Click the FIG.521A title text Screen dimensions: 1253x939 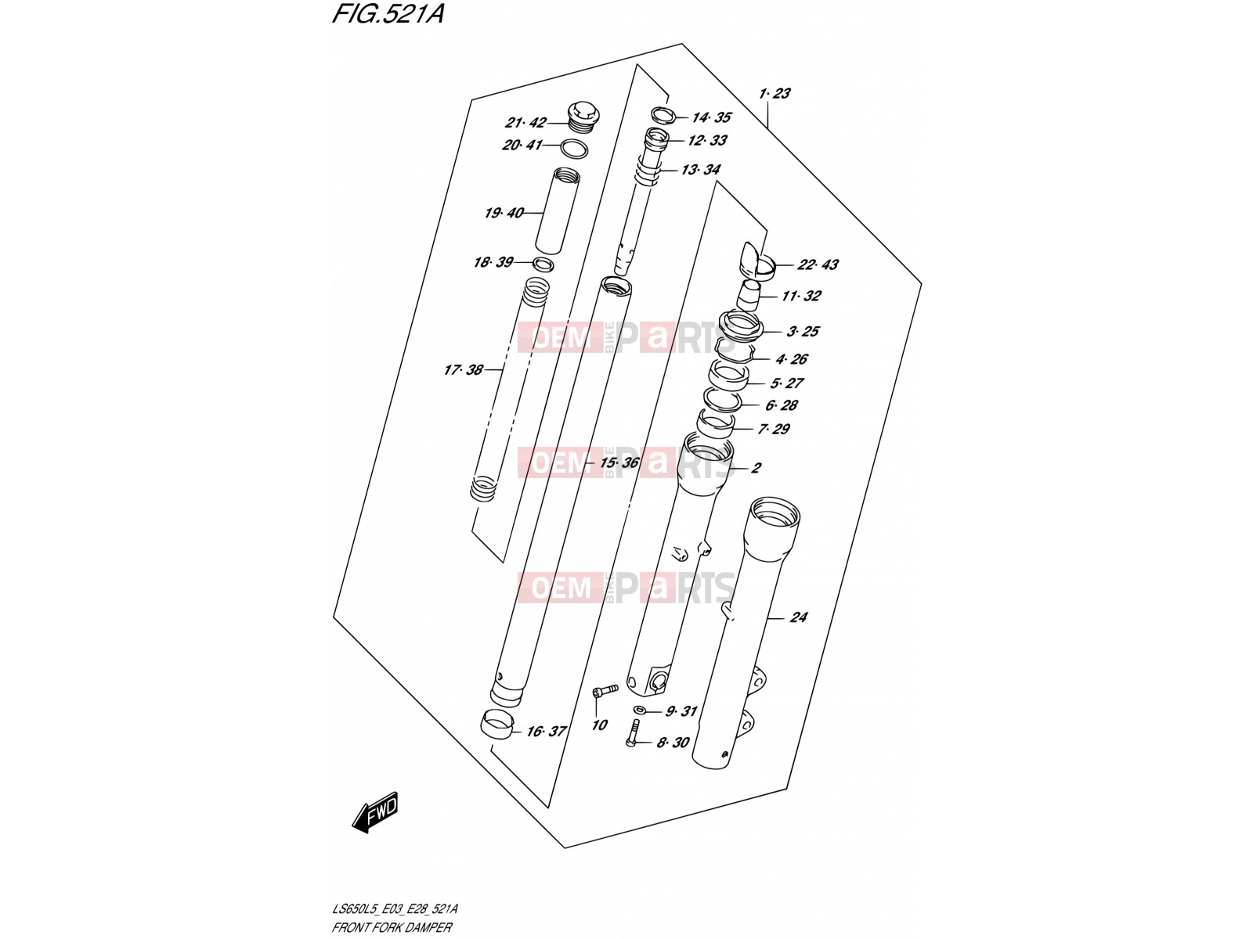[x=388, y=14]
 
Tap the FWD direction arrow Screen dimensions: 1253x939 [x=374, y=813]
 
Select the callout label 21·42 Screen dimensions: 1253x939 [x=525, y=123]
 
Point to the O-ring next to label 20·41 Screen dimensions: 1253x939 [x=574, y=149]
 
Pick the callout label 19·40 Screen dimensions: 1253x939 [x=504, y=213]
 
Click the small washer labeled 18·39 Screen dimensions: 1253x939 [x=543, y=264]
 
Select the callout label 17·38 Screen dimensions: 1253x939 [x=464, y=370]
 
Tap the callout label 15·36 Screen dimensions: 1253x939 [x=619, y=462]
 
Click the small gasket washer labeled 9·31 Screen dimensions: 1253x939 [x=640, y=710]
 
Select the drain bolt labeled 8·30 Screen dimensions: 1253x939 [x=633, y=732]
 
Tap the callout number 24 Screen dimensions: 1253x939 [x=799, y=617]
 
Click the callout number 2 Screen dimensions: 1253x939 [x=756, y=468]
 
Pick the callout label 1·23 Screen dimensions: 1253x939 [x=775, y=93]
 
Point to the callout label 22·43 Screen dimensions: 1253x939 [x=818, y=264]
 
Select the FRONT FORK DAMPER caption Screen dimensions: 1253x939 [x=392, y=927]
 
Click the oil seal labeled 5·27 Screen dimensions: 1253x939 [x=728, y=377]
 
